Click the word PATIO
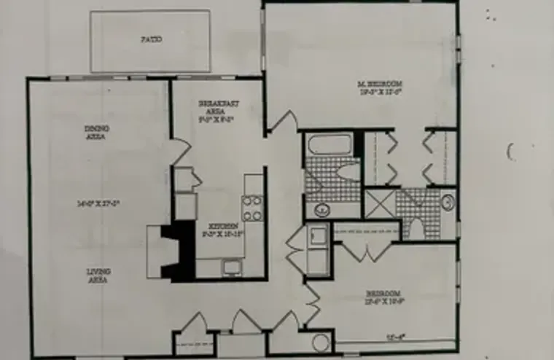[152, 39]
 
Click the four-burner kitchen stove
[252, 208]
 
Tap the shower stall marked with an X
[379, 203]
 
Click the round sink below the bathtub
[321, 210]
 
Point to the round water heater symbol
[321, 343]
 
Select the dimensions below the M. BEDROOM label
[380, 93]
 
